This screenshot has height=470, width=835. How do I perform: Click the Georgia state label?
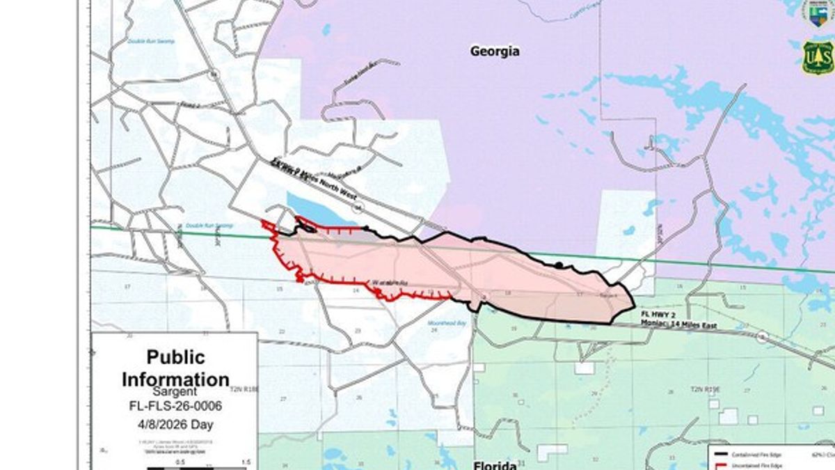pyautogui.click(x=495, y=52)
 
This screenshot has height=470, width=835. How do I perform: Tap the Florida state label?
pyautogui.click(x=494, y=465)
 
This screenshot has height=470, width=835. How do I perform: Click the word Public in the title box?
pyautogui.click(x=175, y=357)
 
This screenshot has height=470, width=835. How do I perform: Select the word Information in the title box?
pyautogui.click(x=175, y=379)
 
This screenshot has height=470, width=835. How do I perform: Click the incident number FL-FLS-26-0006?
pyautogui.click(x=175, y=407)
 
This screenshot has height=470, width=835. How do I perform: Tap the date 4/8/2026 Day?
pyautogui.click(x=175, y=424)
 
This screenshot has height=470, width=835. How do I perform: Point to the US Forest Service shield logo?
pyautogui.click(x=818, y=58)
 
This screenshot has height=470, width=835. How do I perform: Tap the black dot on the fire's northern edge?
pyautogui.click(x=558, y=265)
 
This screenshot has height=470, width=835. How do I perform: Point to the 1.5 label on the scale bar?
pyautogui.click(x=246, y=462)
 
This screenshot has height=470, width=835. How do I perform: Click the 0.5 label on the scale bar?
pyautogui.click(x=180, y=462)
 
